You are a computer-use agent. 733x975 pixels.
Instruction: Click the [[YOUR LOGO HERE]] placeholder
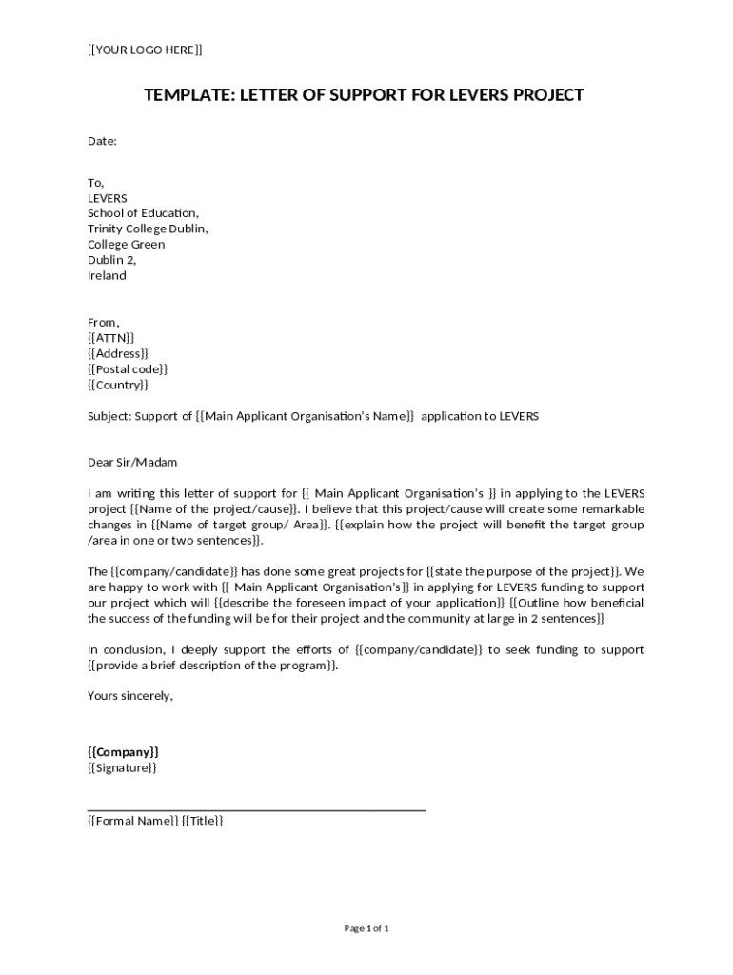pyautogui.click(x=145, y=50)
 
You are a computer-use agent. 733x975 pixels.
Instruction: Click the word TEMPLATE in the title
pyautogui.click(x=187, y=95)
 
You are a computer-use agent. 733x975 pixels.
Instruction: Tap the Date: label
pyautogui.click(x=102, y=141)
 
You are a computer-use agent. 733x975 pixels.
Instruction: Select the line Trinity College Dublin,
pyautogui.click(x=148, y=229)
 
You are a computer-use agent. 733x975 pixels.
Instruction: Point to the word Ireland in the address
pyautogui.click(x=107, y=275)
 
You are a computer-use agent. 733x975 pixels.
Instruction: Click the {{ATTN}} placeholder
pyautogui.click(x=110, y=337)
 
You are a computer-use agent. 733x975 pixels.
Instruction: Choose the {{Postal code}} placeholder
pyautogui.click(x=128, y=368)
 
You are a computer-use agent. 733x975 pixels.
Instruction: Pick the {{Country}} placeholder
pyautogui.click(x=118, y=385)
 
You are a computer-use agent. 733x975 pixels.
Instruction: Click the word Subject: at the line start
pyautogui.click(x=109, y=416)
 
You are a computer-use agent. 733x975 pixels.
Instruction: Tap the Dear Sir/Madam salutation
pyautogui.click(x=132, y=463)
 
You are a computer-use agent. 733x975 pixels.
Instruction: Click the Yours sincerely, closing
pyautogui.click(x=130, y=695)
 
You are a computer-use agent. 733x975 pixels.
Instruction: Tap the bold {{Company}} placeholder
pyautogui.click(x=123, y=752)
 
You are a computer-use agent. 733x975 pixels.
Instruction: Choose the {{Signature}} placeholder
pyautogui.click(x=122, y=767)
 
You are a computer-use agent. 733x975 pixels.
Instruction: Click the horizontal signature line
pyautogui.click(x=256, y=810)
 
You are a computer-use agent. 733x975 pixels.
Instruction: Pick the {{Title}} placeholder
pyautogui.click(x=203, y=821)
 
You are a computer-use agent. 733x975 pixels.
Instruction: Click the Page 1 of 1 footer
pyautogui.click(x=366, y=928)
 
